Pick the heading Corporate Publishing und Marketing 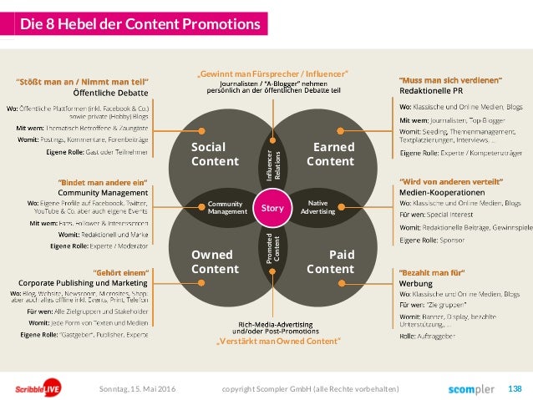point(83,282)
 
